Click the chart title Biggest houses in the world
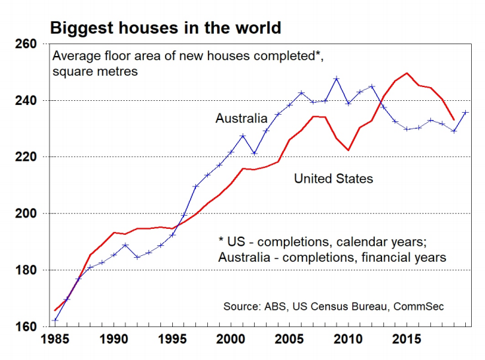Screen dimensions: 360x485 tap(166, 28)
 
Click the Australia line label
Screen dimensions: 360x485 tap(241, 119)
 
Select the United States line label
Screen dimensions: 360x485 tap(333, 178)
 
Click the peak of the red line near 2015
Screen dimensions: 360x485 tap(406, 73)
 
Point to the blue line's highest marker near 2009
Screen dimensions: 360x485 tap(337, 78)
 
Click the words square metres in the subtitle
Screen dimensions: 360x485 tap(95, 71)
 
